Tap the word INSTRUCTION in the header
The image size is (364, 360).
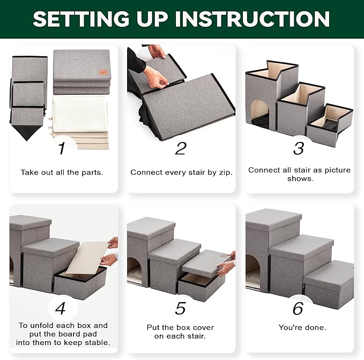coord(252,19)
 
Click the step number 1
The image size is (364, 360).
coord(62,148)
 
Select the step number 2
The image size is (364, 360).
coord(181,148)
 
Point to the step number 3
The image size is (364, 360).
coord(299,148)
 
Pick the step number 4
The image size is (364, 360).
coord(61,308)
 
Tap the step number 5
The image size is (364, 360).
coord(180,308)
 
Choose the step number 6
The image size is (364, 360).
coord(298,308)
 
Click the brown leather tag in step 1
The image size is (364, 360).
coord(103,72)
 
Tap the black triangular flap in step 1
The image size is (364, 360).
coord(27,133)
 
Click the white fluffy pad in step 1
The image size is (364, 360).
coord(80,115)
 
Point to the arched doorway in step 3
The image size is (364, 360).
coord(260,115)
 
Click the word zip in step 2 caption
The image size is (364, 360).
coord(225,172)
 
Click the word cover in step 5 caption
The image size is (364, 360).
coord(203,327)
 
